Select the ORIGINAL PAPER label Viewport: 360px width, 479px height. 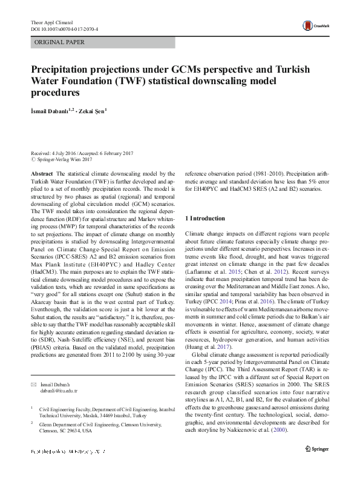pyautogui.click(x=59, y=42)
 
